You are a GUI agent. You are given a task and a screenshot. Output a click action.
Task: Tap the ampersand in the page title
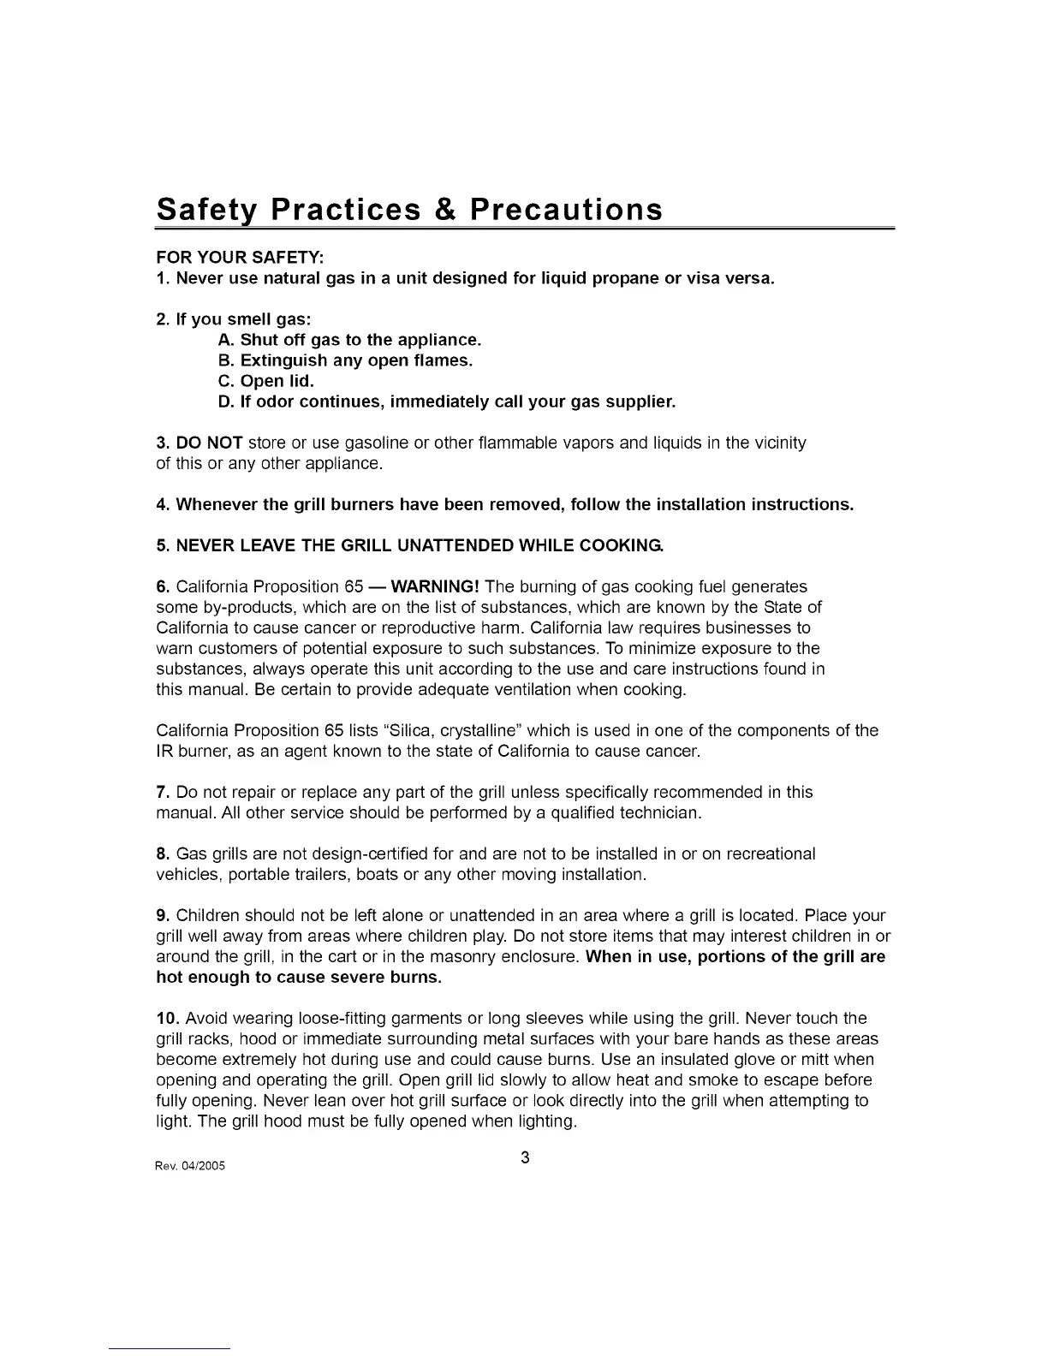[443, 211]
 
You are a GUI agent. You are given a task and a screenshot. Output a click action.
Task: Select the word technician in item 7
[658, 812]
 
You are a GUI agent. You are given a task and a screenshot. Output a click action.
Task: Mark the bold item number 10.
[167, 1018]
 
